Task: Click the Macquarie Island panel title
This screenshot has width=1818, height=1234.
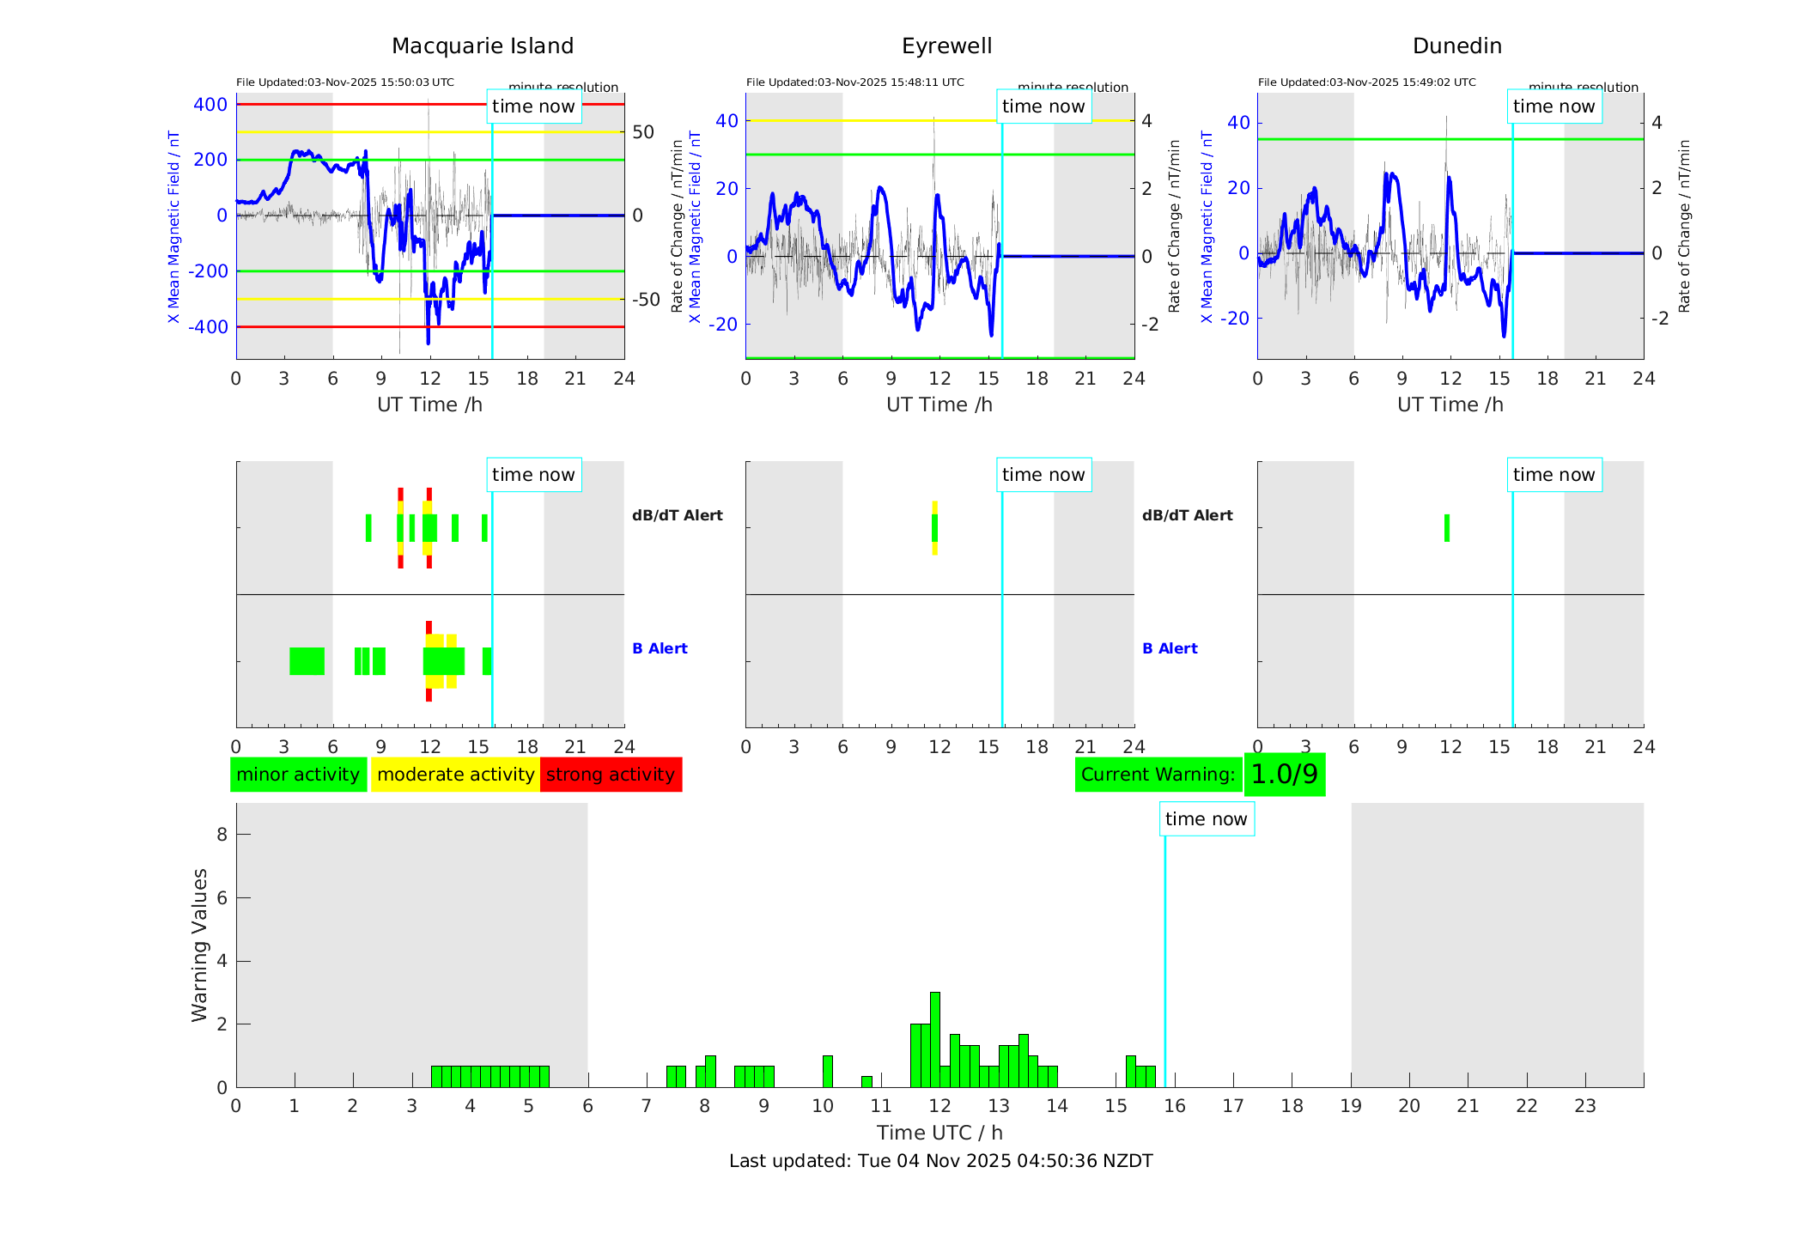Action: tap(482, 46)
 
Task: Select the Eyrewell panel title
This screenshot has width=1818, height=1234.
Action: tap(946, 46)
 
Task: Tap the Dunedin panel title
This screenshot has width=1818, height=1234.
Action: tap(1456, 46)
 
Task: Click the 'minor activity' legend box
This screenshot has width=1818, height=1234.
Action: tap(298, 775)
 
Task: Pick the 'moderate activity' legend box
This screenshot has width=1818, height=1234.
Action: tap(455, 775)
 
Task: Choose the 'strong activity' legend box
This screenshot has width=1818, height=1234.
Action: tap(611, 775)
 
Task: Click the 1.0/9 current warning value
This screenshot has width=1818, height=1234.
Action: tap(1284, 775)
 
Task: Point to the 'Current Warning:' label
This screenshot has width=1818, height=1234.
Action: tap(1158, 775)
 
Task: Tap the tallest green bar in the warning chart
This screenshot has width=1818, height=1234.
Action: tap(934, 1039)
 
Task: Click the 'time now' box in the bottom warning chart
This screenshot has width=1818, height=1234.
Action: tap(1206, 819)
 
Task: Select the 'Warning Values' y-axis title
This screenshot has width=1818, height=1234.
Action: tap(200, 945)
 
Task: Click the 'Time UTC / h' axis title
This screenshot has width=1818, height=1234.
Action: tap(939, 1133)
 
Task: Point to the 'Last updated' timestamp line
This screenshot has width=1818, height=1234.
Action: tap(940, 1161)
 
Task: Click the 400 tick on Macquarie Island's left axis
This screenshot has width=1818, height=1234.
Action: tap(210, 105)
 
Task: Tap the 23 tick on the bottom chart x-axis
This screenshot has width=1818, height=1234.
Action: tap(1584, 1106)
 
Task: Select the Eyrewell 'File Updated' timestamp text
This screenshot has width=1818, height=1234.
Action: tap(854, 82)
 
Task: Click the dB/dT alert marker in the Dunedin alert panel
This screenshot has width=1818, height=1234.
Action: tap(1447, 528)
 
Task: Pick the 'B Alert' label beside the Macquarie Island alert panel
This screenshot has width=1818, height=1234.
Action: tap(660, 648)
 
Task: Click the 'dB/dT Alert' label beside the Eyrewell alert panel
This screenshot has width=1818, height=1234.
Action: tap(1187, 515)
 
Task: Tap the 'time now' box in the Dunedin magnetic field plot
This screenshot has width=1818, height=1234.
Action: tap(1554, 106)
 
